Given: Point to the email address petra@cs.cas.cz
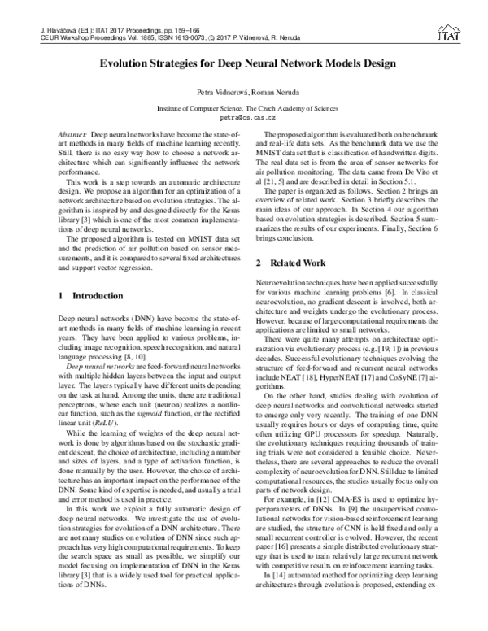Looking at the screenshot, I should point(244,116).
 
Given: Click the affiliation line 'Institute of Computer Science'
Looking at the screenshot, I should point(243,107).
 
